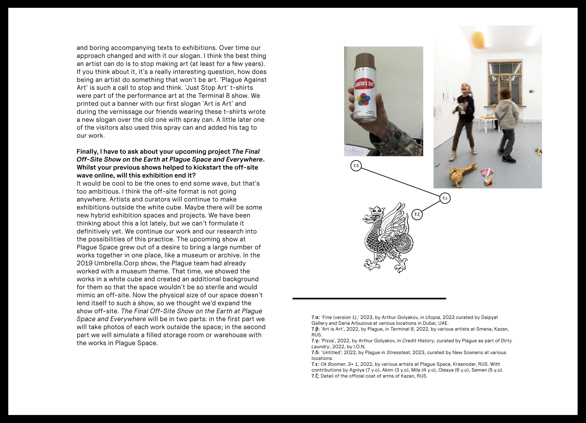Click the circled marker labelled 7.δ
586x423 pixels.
(356, 166)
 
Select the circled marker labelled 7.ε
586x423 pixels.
(445, 198)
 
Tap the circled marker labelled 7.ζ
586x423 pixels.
(417, 214)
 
